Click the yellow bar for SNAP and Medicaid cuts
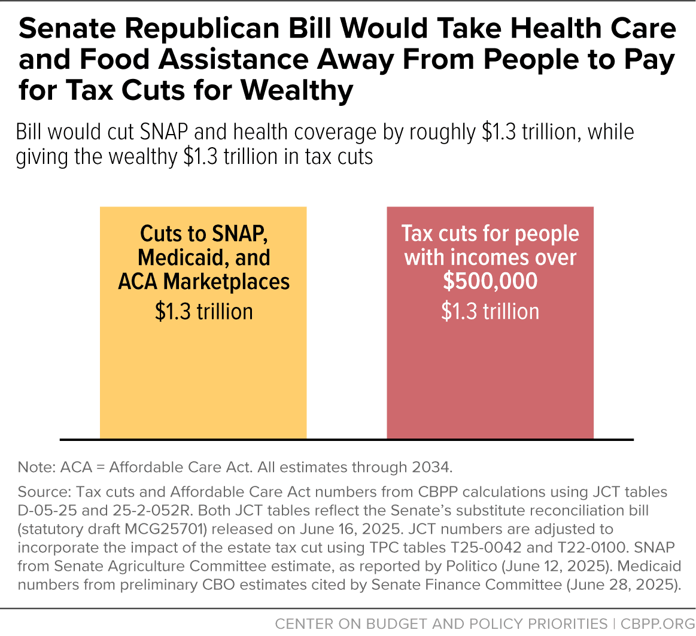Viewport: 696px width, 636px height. point(203,371)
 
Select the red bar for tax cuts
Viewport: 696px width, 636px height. point(490,371)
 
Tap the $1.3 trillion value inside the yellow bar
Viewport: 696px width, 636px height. point(203,312)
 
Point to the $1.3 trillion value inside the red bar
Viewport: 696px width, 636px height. point(490,312)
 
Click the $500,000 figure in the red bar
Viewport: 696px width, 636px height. point(490,282)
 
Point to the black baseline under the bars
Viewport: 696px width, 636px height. point(347,440)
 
